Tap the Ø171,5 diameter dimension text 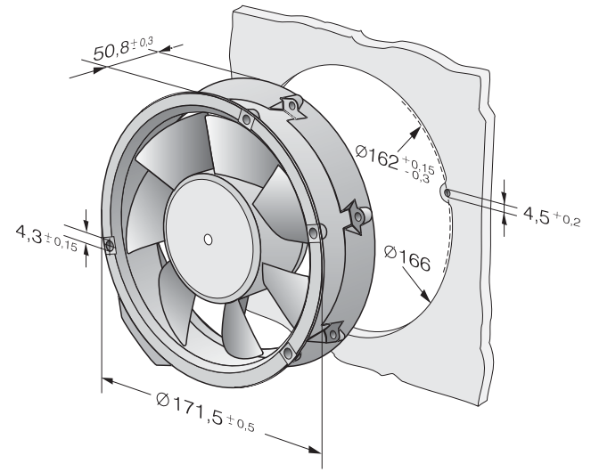pyautogui.click(x=190, y=406)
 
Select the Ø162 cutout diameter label pyautogui.click(x=377, y=156)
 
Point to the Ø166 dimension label pyautogui.click(x=407, y=258)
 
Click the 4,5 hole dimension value pyautogui.click(x=537, y=216)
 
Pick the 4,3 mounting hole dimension pyautogui.click(x=29, y=234)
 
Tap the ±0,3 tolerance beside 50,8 pyautogui.click(x=142, y=43)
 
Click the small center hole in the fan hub pyautogui.click(x=208, y=240)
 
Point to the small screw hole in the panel pyautogui.click(x=447, y=193)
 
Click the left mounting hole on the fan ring pyautogui.click(x=110, y=246)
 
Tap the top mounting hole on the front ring pyautogui.click(x=247, y=120)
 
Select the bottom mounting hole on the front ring pyautogui.click(x=288, y=354)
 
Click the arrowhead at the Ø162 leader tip pyautogui.click(x=415, y=133)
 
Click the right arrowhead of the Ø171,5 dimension pyautogui.click(x=315, y=449)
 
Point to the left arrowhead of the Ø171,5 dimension pyautogui.click(x=108, y=381)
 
